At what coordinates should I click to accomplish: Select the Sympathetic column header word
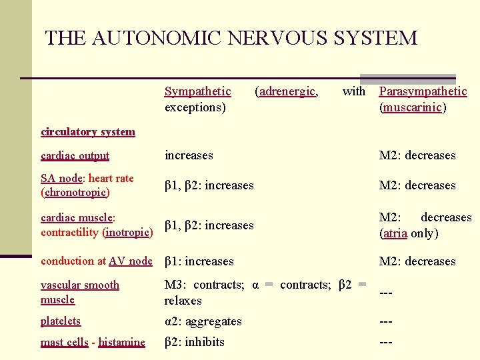tap(197, 91)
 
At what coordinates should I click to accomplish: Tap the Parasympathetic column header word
tap(423, 91)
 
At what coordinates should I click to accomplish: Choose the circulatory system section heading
tap(87, 131)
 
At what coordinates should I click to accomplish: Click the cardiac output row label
tap(75, 155)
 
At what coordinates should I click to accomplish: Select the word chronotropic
tap(75, 193)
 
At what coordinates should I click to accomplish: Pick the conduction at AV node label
tap(96, 261)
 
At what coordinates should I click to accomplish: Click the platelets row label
tap(60, 321)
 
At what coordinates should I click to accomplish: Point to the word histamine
tap(121, 342)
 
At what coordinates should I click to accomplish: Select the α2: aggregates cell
tap(203, 321)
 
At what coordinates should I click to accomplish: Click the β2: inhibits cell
tap(195, 342)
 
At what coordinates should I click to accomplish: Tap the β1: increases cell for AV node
tap(199, 261)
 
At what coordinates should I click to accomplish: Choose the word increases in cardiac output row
tap(189, 155)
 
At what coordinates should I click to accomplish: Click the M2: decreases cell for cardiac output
tap(417, 155)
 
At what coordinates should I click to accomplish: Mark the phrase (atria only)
tap(409, 233)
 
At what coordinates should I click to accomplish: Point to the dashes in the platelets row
tap(385, 321)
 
